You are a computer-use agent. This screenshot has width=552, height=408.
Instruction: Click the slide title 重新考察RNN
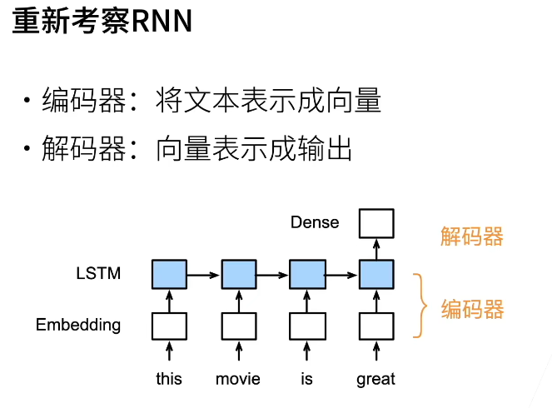click(x=102, y=22)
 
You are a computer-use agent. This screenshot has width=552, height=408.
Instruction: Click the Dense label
click(x=315, y=222)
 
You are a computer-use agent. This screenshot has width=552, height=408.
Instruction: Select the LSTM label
click(x=97, y=272)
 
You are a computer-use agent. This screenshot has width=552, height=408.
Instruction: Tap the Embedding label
click(x=78, y=325)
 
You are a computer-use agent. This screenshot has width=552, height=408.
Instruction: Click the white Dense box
click(x=375, y=222)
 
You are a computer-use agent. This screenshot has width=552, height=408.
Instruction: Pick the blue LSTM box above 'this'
click(x=169, y=272)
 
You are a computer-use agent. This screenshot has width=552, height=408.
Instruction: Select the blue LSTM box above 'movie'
click(x=238, y=272)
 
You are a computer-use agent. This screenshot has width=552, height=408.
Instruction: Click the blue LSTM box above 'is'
click(x=306, y=272)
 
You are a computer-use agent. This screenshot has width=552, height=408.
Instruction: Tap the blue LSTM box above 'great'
click(x=375, y=272)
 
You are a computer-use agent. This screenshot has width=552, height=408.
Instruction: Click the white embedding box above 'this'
click(x=169, y=325)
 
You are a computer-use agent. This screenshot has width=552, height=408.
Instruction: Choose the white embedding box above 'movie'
click(x=238, y=325)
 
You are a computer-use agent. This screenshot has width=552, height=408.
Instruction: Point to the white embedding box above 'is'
click(x=306, y=325)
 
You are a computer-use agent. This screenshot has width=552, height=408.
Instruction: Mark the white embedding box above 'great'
click(x=375, y=325)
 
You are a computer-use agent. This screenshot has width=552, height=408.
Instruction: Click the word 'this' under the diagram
click(x=169, y=379)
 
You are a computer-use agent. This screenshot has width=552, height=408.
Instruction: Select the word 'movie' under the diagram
click(x=238, y=379)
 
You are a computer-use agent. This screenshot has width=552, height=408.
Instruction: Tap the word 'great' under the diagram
click(x=375, y=379)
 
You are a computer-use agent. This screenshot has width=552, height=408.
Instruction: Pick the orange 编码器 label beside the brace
click(x=472, y=310)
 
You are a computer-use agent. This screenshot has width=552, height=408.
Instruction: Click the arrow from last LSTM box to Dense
click(x=375, y=247)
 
